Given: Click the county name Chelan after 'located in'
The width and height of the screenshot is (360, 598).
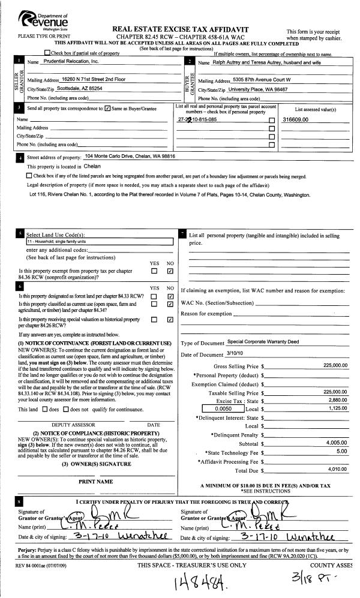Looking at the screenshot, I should click(x=92, y=166).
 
